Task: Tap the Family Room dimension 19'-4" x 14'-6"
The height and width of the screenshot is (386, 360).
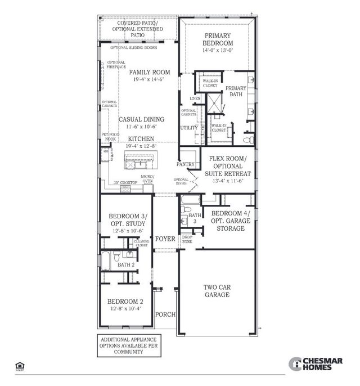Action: pyautogui.click(x=149, y=80)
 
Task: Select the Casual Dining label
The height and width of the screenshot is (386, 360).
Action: pyautogui.click(x=141, y=119)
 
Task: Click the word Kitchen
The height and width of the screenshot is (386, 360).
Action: pyautogui.click(x=141, y=138)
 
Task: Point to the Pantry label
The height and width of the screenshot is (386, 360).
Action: pyautogui.click(x=186, y=164)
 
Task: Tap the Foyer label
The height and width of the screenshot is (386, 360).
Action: pyautogui.click(x=165, y=239)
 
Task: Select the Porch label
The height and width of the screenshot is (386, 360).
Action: pyautogui.click(x=165, y=315)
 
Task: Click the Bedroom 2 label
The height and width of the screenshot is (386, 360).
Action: pyautogui.click(x=124, y=301)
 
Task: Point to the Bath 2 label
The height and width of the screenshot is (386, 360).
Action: pyautogui.click(x=125, y=264)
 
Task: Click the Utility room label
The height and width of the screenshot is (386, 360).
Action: pyautogui.click(x=188, y=128)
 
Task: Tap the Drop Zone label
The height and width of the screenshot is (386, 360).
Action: pyautogui.click(x=187, y=239)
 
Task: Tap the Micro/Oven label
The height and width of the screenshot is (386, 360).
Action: pyautogui.click(x=147, y=179)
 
